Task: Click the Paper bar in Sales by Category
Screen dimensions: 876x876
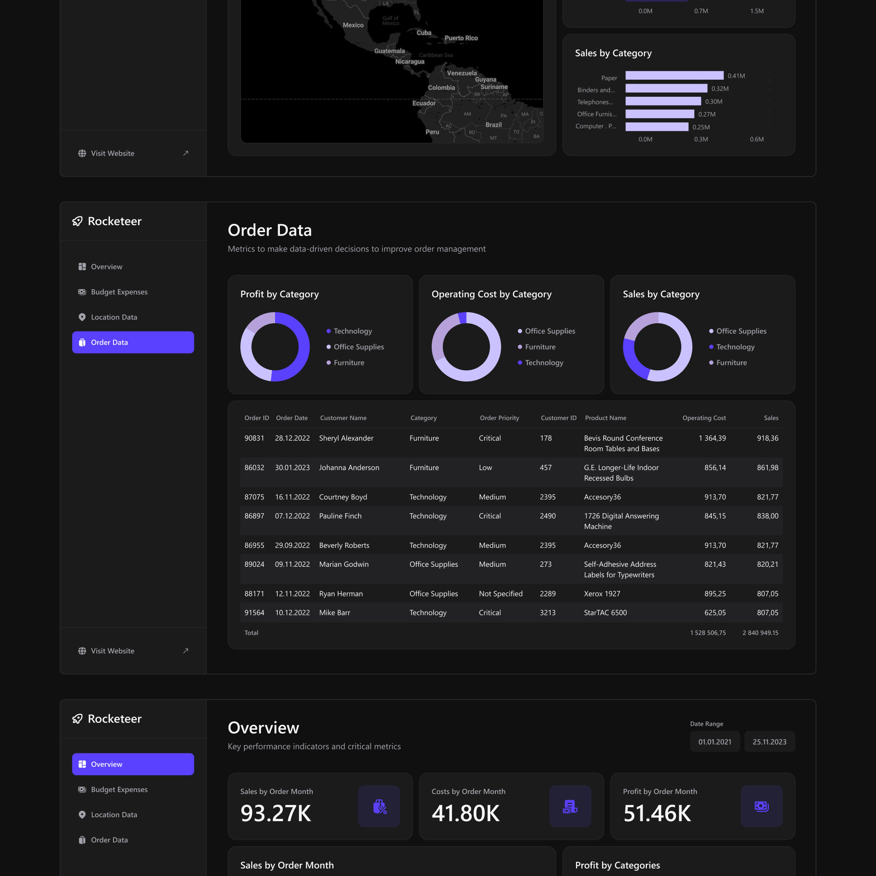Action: pyautogui.click(x=674, y=75)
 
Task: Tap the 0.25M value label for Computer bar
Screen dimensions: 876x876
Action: pyautogui.click(x=701, y=127)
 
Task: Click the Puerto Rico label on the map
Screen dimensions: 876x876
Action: pyautogui.click(x=461, y=38)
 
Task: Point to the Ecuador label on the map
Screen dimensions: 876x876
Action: pyautogui.click(x=424, y=103)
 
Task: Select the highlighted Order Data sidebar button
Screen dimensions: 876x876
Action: pyautogui.click(x=133, y=343)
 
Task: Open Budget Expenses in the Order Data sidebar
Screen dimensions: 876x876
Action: pyautogui.click(x=119, y=292)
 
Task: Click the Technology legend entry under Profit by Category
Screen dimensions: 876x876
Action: pyautogui.click(x=352, y=331)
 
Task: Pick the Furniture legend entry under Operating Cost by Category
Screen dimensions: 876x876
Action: pyautogui.click(x=540, y=347)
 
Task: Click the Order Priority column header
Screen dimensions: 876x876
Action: pyautogui.click(x=499, y=418)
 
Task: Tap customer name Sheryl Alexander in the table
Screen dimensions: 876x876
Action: pyautogui.click(x=346, y=438)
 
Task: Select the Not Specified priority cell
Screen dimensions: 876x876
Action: pyautogui.click(x=501, y=593)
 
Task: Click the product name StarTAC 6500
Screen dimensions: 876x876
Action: pyautogui.click(x=605, y=613)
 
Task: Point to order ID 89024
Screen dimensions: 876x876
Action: pyautogui.click(x=254, y=564)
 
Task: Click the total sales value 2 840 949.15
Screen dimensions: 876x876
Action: pyautogui.click(x=760, y=632)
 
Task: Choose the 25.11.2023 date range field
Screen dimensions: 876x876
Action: pyautogui.click(x=769, y=742)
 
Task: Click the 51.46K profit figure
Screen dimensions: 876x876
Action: pyautogui.click(x=657, y=813)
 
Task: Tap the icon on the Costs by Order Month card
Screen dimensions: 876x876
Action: pyautogui.click(x=570, y=806)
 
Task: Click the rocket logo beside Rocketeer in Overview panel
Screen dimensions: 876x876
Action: pyautogui.click(x=78, y=719)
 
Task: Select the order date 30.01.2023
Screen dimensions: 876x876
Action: pyautogui.click(x=292, y=467)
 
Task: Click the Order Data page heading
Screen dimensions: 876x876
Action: pyautogui.click(x=269, y=230)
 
